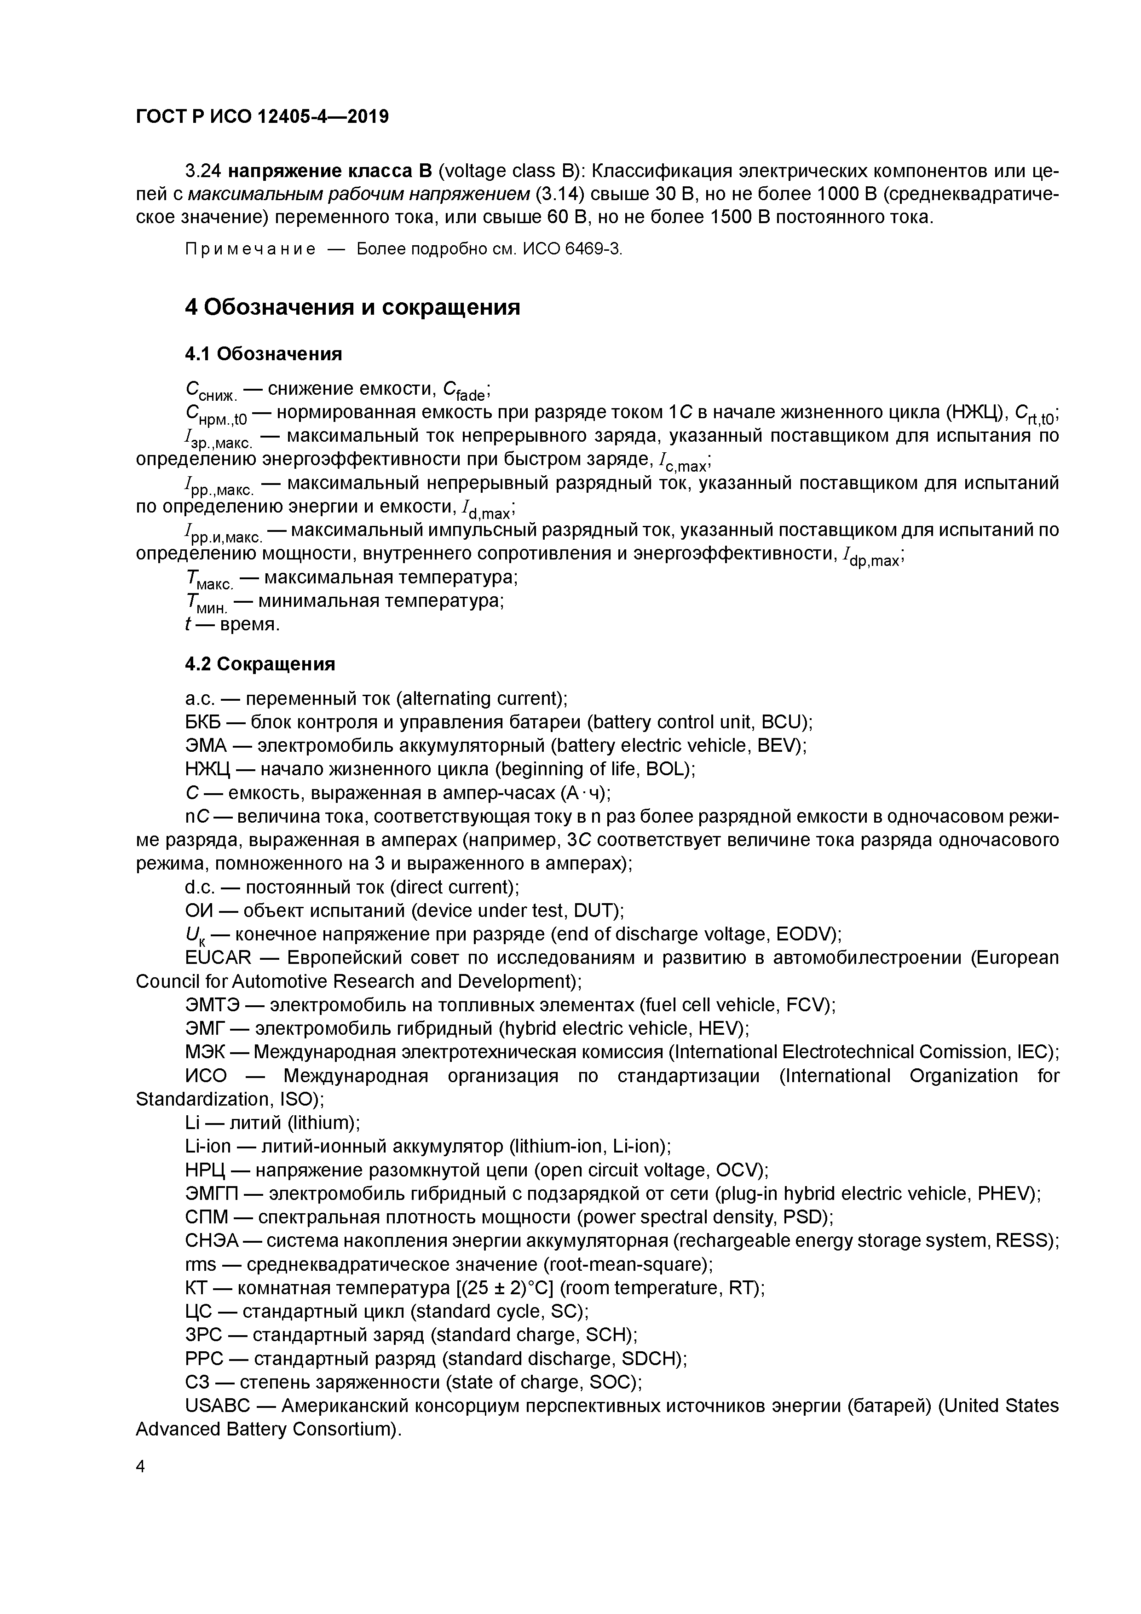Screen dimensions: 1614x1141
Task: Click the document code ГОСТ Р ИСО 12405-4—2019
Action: pos(261,117)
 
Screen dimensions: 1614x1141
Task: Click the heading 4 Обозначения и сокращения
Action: pos(352,308)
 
